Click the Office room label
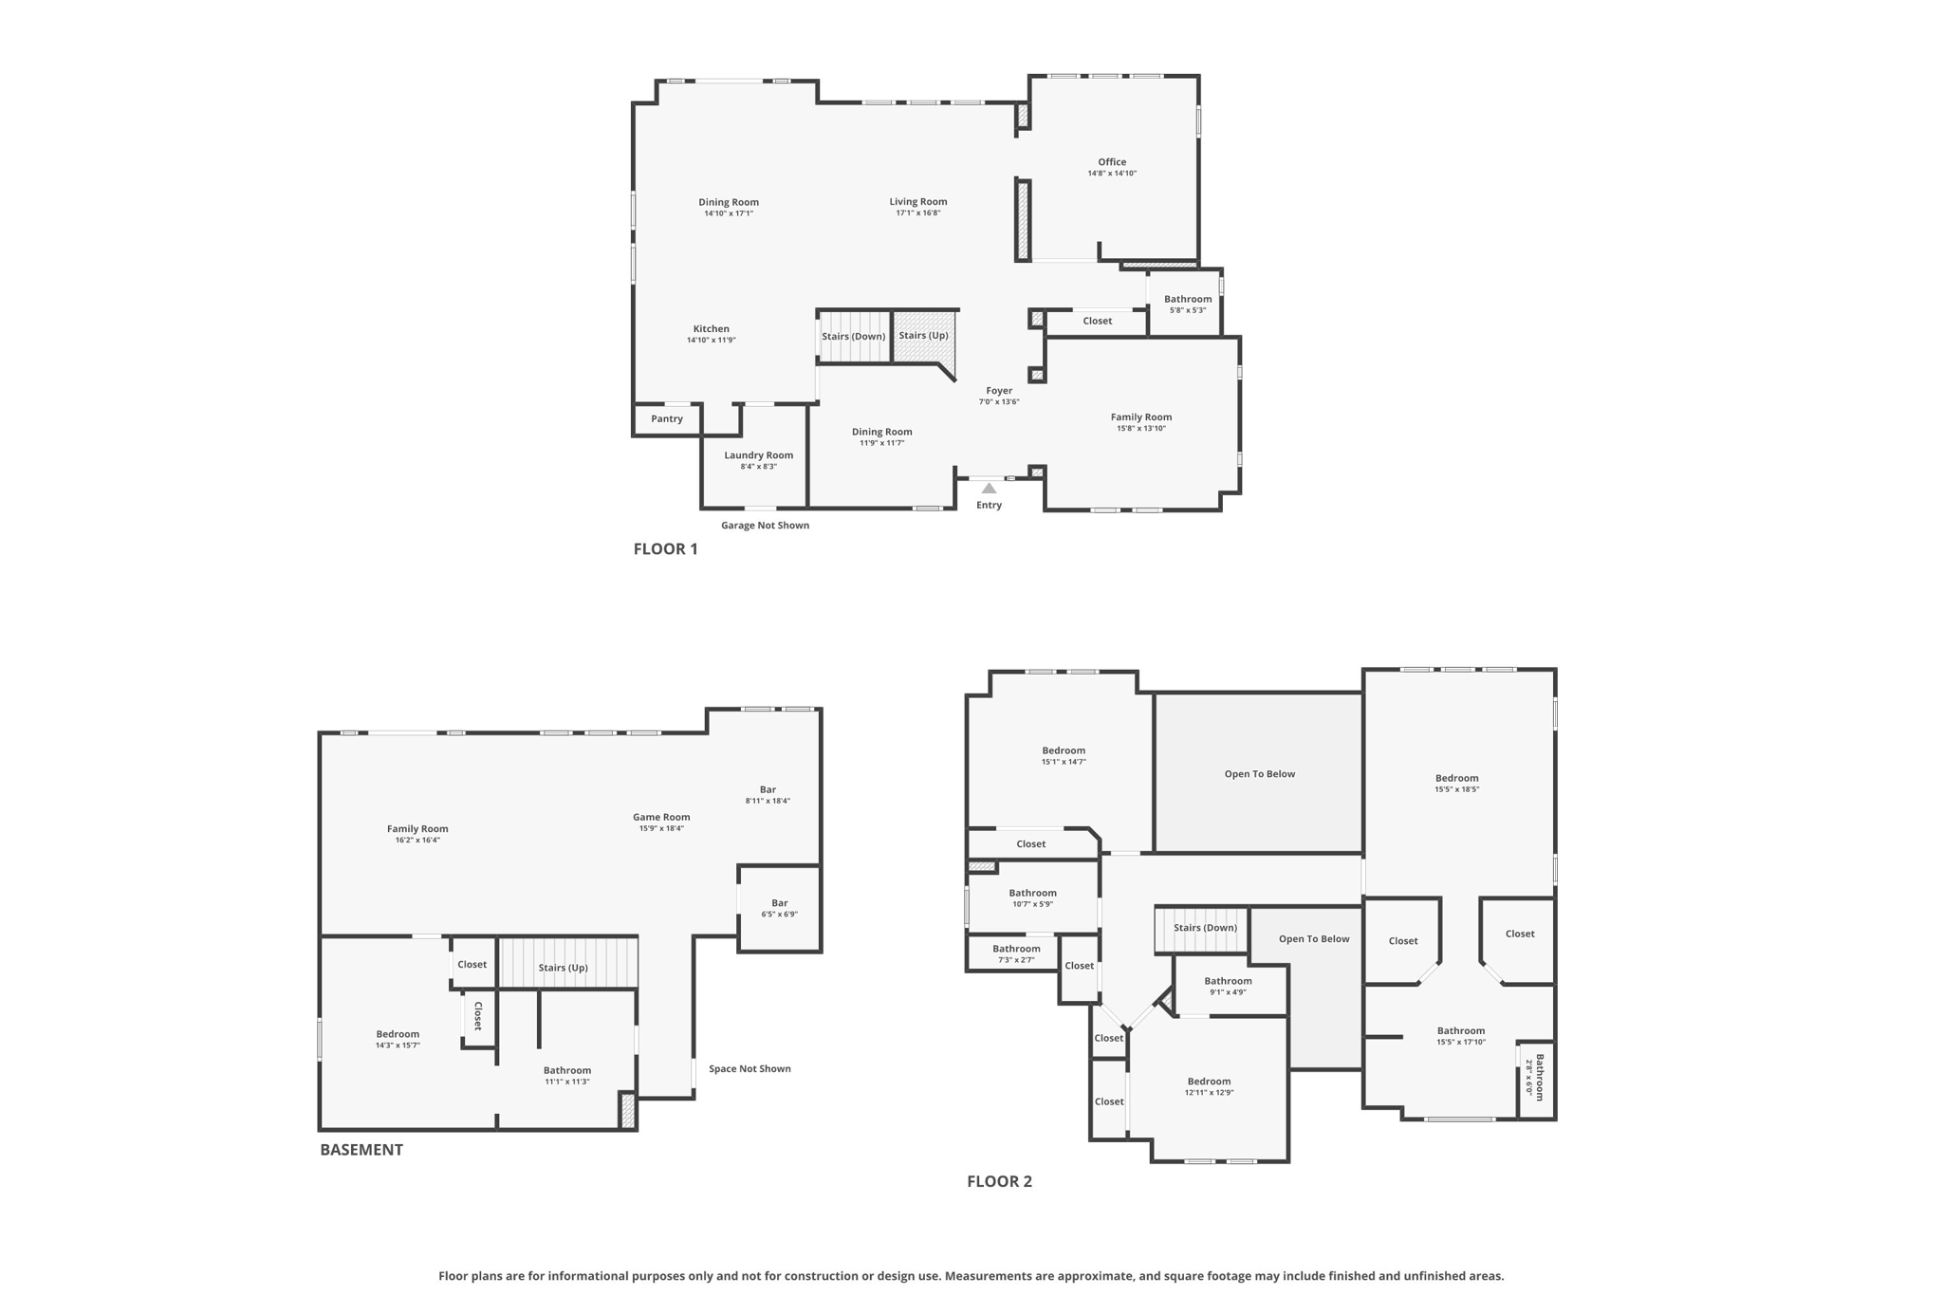[1112, 162]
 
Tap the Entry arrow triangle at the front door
[989, 489]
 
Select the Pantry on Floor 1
[667, 419]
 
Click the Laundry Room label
[758, 455]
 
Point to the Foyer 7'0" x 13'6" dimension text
[999, 402]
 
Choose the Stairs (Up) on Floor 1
[923, 336]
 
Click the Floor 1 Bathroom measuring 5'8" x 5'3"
[1188, 304]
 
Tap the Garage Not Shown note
[765, 526]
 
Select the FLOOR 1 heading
[665, 549]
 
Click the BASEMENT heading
[361, 1150]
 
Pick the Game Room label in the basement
[661, 817]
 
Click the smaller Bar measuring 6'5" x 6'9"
[779, 908]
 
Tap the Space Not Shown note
[749, 1069]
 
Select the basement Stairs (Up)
[564, 968]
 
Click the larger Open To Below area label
[1259, 774]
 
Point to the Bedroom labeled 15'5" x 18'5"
[1456, 783]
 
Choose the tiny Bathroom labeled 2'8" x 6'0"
[1535, 1078]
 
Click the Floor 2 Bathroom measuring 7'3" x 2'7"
[1016, 953]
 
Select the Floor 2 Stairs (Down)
[1205, 928]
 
